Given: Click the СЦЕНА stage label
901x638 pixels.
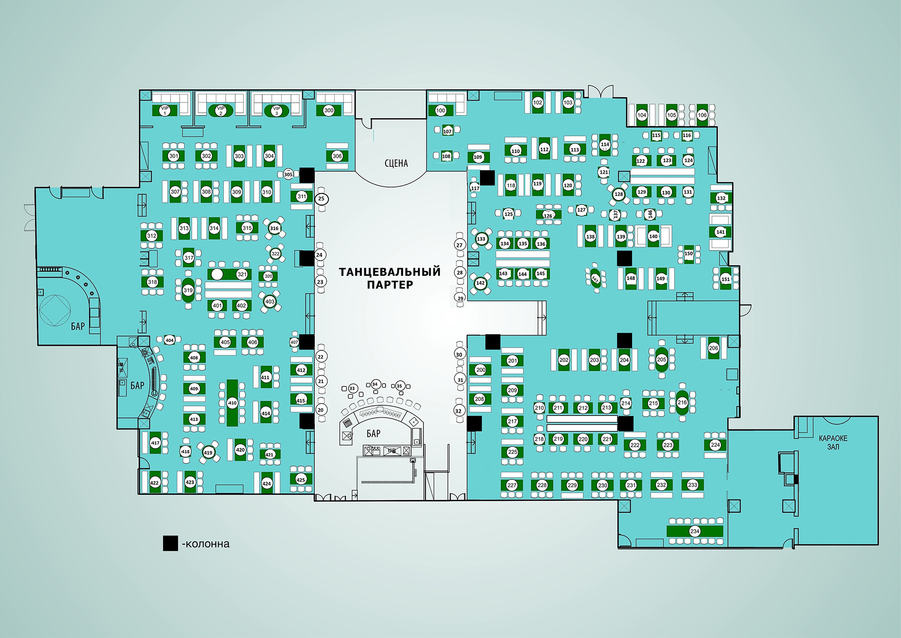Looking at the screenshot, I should [x=396, y=163].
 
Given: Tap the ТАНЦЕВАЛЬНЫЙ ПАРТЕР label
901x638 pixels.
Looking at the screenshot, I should [x=390, y=278].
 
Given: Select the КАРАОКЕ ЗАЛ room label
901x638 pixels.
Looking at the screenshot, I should [x=833, y=442].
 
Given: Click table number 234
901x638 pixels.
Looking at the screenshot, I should [x=695, y=531].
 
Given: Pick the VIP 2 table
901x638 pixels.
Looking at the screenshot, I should [x=221, y=111].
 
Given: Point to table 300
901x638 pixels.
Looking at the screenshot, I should [x=329, y=110].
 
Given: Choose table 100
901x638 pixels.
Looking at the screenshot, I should [x=441, y=111].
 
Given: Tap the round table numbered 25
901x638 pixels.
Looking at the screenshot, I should [x=321, y=198].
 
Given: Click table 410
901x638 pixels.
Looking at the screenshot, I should [x=232, y=403].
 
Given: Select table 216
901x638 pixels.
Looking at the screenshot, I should [x=682, y=403].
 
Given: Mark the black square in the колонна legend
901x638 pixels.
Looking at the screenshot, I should [x=170, y=544].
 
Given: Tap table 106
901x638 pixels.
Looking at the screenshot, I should [x=702, y=115].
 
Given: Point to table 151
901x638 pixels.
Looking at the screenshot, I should [x=726, y=279].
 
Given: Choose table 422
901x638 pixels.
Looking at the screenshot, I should [x=155, y=483].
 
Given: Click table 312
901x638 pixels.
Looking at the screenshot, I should [x=151, y=235].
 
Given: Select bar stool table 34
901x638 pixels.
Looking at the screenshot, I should [x=375, y=385].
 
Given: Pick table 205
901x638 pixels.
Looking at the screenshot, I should [x=662, y=359].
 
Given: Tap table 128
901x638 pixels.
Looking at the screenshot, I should [x=618, y=194].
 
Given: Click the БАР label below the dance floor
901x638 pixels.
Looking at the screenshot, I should [x=373, y=433].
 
